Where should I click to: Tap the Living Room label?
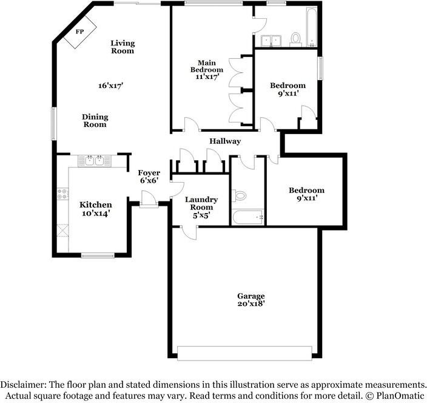123,47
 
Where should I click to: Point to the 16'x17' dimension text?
111,86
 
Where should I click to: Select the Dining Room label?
95,120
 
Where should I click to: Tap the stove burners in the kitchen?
62,194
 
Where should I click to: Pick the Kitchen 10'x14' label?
96,209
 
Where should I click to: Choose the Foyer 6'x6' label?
149,177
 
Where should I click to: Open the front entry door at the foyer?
147,198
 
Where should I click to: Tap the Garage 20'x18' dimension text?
251,300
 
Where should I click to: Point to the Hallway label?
225,141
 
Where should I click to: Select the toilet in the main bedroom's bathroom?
296,39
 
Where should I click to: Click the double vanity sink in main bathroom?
270,41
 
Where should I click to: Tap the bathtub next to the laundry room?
247,216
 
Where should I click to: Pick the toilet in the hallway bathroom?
240,195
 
